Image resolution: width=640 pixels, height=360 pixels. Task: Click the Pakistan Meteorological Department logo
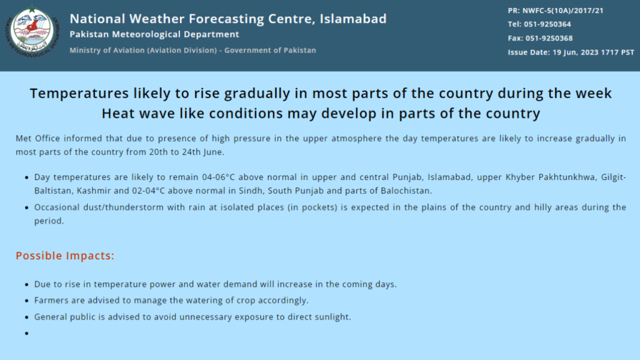(32, 31)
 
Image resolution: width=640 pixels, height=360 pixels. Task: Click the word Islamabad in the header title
(352, 19)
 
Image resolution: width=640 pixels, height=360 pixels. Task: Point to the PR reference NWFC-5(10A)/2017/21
(563, 11)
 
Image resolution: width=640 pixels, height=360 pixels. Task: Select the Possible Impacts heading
(65, 256)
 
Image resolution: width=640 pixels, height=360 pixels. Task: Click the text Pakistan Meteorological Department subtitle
(154, 34)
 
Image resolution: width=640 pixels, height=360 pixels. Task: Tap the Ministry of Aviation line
(192, 50)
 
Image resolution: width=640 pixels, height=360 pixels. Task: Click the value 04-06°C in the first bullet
(218, 177)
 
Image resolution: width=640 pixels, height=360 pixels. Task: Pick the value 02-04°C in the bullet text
(148, 191)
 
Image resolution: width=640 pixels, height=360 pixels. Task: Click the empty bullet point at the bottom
(26, 334)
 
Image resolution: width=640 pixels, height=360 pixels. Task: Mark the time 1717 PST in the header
(618, 52)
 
